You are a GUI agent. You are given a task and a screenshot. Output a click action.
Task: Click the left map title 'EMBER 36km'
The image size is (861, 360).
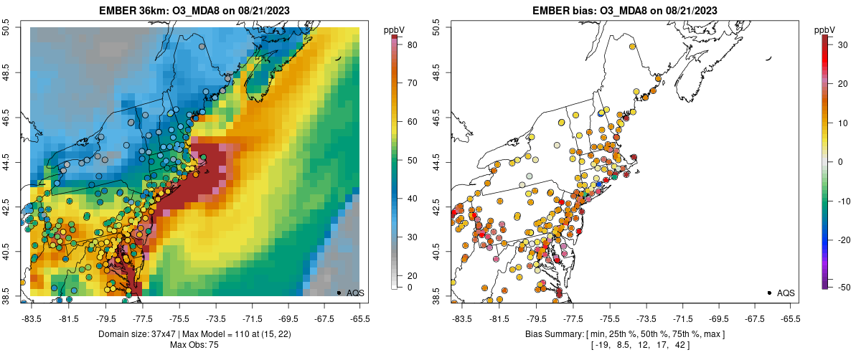click(x=136, y=10)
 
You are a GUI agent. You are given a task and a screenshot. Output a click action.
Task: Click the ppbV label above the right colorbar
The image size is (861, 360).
click(x=825, y=29)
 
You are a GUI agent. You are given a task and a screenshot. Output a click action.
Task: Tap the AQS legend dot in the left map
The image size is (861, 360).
click(x=339, y=293)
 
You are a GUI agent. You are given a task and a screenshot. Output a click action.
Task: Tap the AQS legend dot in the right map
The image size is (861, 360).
click(x=769, y=293)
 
